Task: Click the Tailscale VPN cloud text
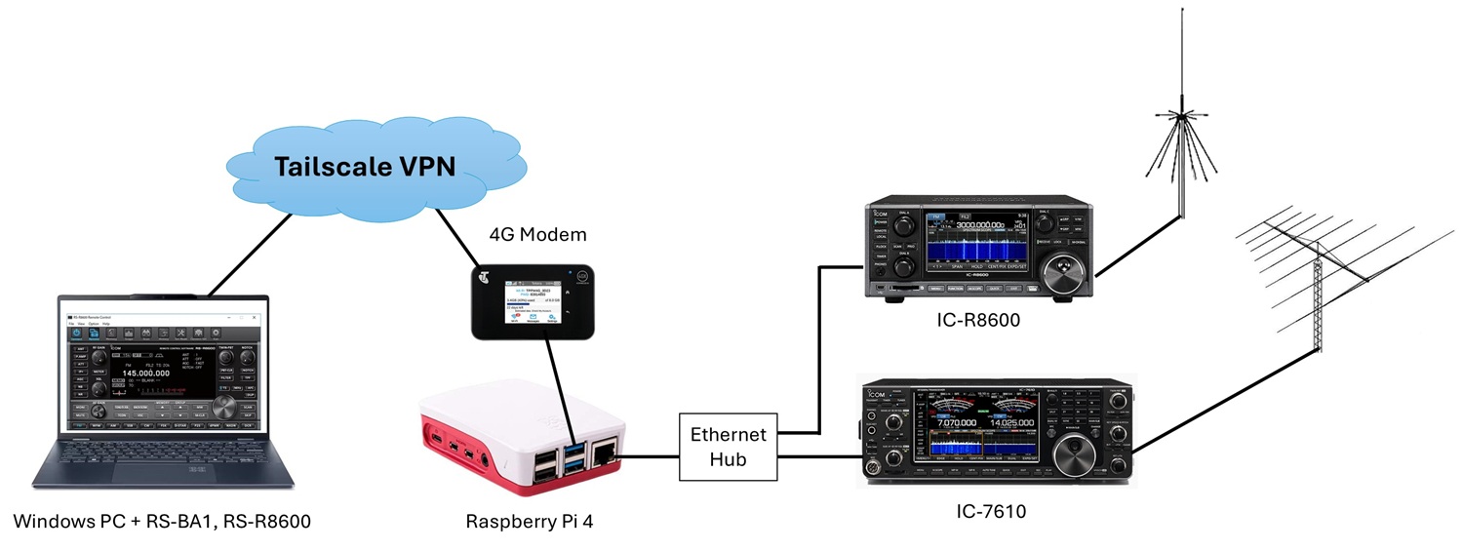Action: (365, 166)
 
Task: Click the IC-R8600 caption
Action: (974, 319)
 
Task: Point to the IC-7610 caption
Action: (992, 510)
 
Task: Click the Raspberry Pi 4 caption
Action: (529, 522)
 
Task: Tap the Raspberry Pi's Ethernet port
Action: (605, 452)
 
